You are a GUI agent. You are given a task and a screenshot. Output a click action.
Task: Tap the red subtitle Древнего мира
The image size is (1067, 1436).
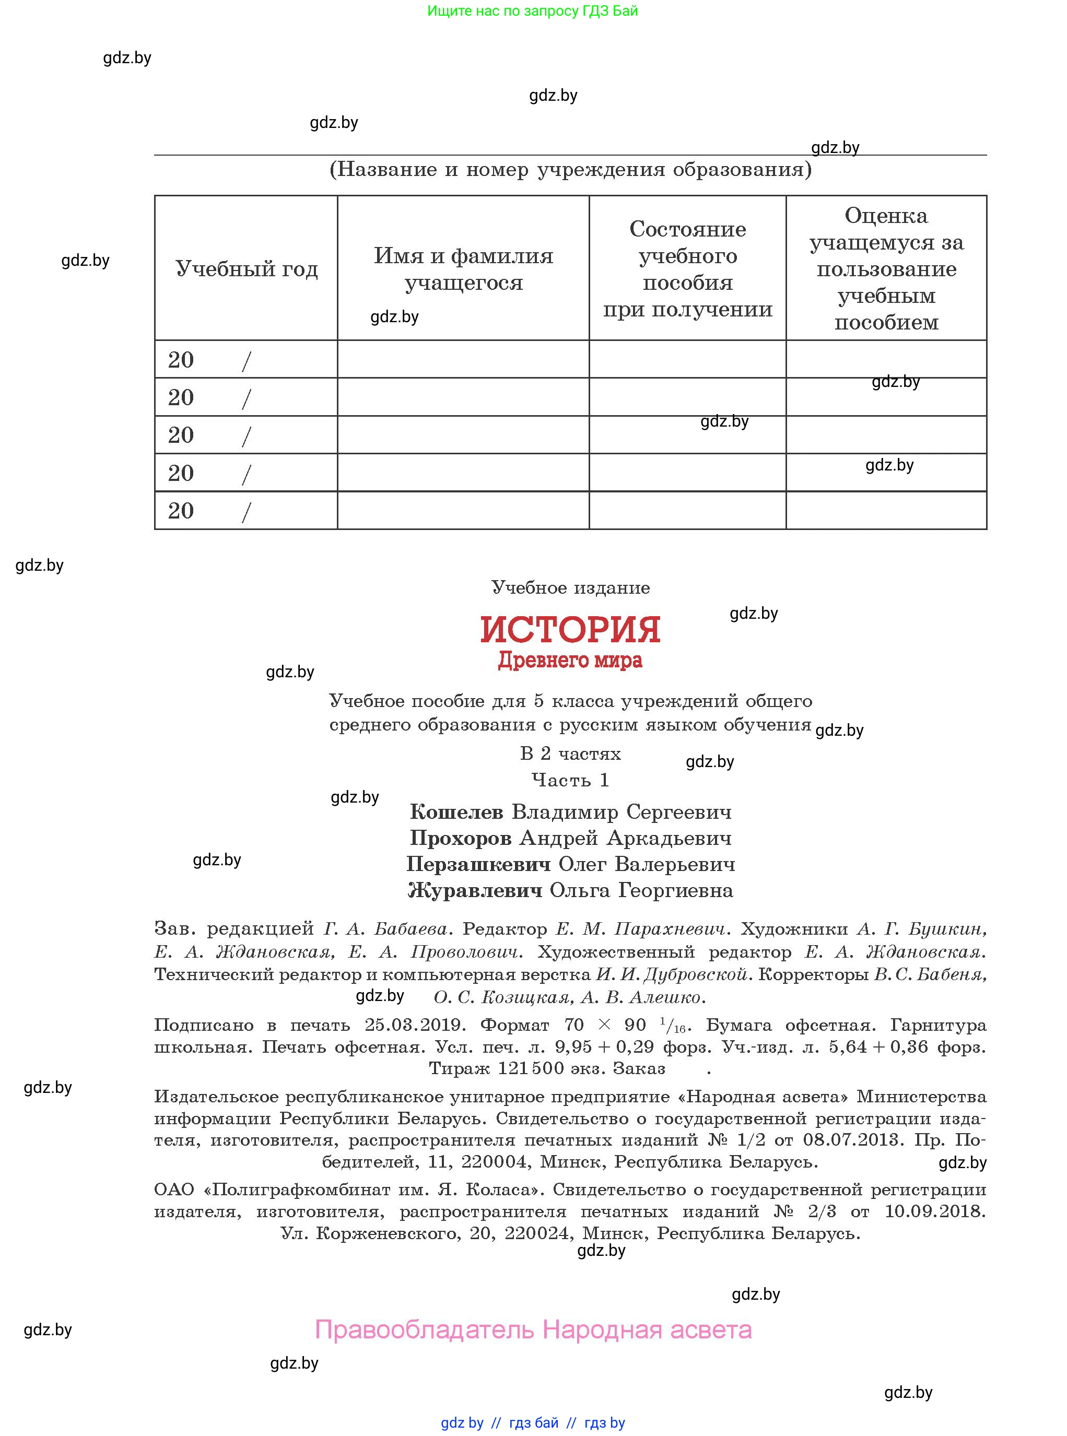click(x=570, y=661)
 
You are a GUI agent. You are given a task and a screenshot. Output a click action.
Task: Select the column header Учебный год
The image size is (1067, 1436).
click(x=246, y=268)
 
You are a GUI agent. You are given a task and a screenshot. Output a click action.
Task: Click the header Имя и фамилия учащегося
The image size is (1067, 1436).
click(x=463, y=268)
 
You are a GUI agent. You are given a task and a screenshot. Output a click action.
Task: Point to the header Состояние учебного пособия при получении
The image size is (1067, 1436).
click(x=687, y=268)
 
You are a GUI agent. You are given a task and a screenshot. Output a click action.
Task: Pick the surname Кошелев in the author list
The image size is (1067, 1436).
click(x=456, y=811)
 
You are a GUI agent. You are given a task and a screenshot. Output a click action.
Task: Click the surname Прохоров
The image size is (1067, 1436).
click(x=460, y=838)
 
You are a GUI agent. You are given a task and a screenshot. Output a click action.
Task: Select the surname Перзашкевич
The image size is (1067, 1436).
click(x=478, y=864)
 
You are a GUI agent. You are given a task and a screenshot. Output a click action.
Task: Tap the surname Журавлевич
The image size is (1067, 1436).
click(x=475, y=890)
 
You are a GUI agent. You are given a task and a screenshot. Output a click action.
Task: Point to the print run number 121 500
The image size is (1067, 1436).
click(x=530, y=1068)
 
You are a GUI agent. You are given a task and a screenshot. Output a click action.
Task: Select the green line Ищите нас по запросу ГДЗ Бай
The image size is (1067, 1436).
click(x=532, y=11)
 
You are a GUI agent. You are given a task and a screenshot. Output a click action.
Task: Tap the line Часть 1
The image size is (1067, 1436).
click(x=570, y=780)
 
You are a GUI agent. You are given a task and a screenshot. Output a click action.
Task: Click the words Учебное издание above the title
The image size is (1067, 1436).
click(x=570, y=587)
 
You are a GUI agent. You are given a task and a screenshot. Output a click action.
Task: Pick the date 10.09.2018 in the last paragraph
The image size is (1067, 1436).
click(x=934, y=1211)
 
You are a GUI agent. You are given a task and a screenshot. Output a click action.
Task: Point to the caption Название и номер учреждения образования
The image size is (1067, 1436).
click(x=570, y=169)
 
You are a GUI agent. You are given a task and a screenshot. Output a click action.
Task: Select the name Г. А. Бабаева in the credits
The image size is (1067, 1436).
click(x=385, y=928)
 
